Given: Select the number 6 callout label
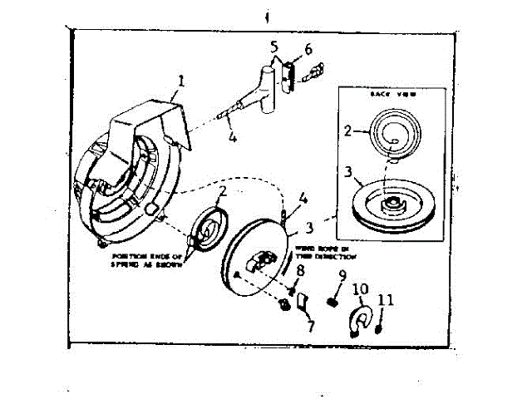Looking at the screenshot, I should (x=308, y=49).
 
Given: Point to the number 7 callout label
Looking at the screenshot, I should (x=310, y=327).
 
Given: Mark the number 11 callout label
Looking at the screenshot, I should (x=383, y=299).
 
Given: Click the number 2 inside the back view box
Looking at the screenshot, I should (x=350, y=130).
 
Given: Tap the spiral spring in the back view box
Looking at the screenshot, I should (x=392, y=133).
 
